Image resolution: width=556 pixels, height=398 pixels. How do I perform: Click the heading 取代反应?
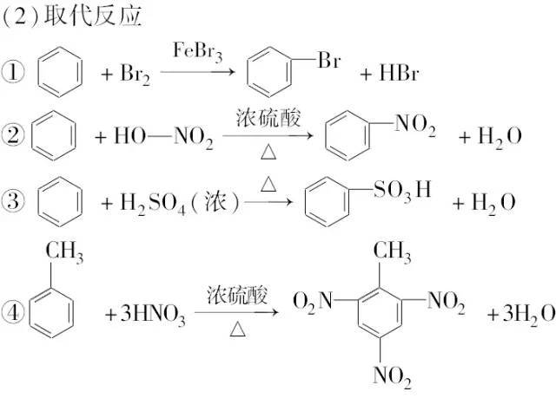pyautogui.click(x=93, y=16)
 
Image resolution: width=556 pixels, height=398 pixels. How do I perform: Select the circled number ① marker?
pyautogui.click(x=14, y=72)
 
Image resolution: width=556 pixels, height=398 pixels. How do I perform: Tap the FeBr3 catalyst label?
pyautogui.click(x=197, y=52)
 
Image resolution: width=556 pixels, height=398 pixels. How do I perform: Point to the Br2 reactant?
pyautogui.click(x=136, y=75)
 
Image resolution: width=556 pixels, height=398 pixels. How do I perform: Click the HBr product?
pyautogui.click(x=399, y=74)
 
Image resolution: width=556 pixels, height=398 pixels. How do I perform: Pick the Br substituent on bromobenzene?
pyautogui.click(x=329, y=60)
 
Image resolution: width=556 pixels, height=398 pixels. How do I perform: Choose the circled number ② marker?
pyautogui.click(x=14, y=135)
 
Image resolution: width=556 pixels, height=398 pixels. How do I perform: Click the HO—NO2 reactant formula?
pyautogui.click(x=163, y=137)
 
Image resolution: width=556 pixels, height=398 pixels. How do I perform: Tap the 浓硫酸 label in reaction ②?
pyautogui.click(x=268, y=118)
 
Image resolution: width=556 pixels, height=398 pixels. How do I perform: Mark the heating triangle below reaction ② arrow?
pyautogui.click(x=268, y=152)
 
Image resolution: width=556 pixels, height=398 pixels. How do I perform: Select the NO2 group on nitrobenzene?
pyautogui.click(x=415, y=126)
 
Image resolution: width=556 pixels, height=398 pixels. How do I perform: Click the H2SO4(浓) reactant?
pyautogui.click(x=180, y=204)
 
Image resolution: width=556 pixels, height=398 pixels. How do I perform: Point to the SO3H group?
pyautogui.click(x=402, y=191)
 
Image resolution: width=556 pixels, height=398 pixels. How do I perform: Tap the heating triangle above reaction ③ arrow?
pyautogui.click(x=268, y=185)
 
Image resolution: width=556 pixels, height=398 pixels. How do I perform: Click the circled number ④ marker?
pyautogui.click(x=14, y=313)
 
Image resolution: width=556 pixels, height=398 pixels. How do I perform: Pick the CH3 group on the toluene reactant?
pyautogui.click(x=64, y=252)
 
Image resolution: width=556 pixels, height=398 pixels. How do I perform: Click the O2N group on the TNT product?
pyautogui.click(x=313, y=303)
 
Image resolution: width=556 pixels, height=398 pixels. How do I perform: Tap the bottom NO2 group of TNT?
pyautogui.click(x=392, y=377)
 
